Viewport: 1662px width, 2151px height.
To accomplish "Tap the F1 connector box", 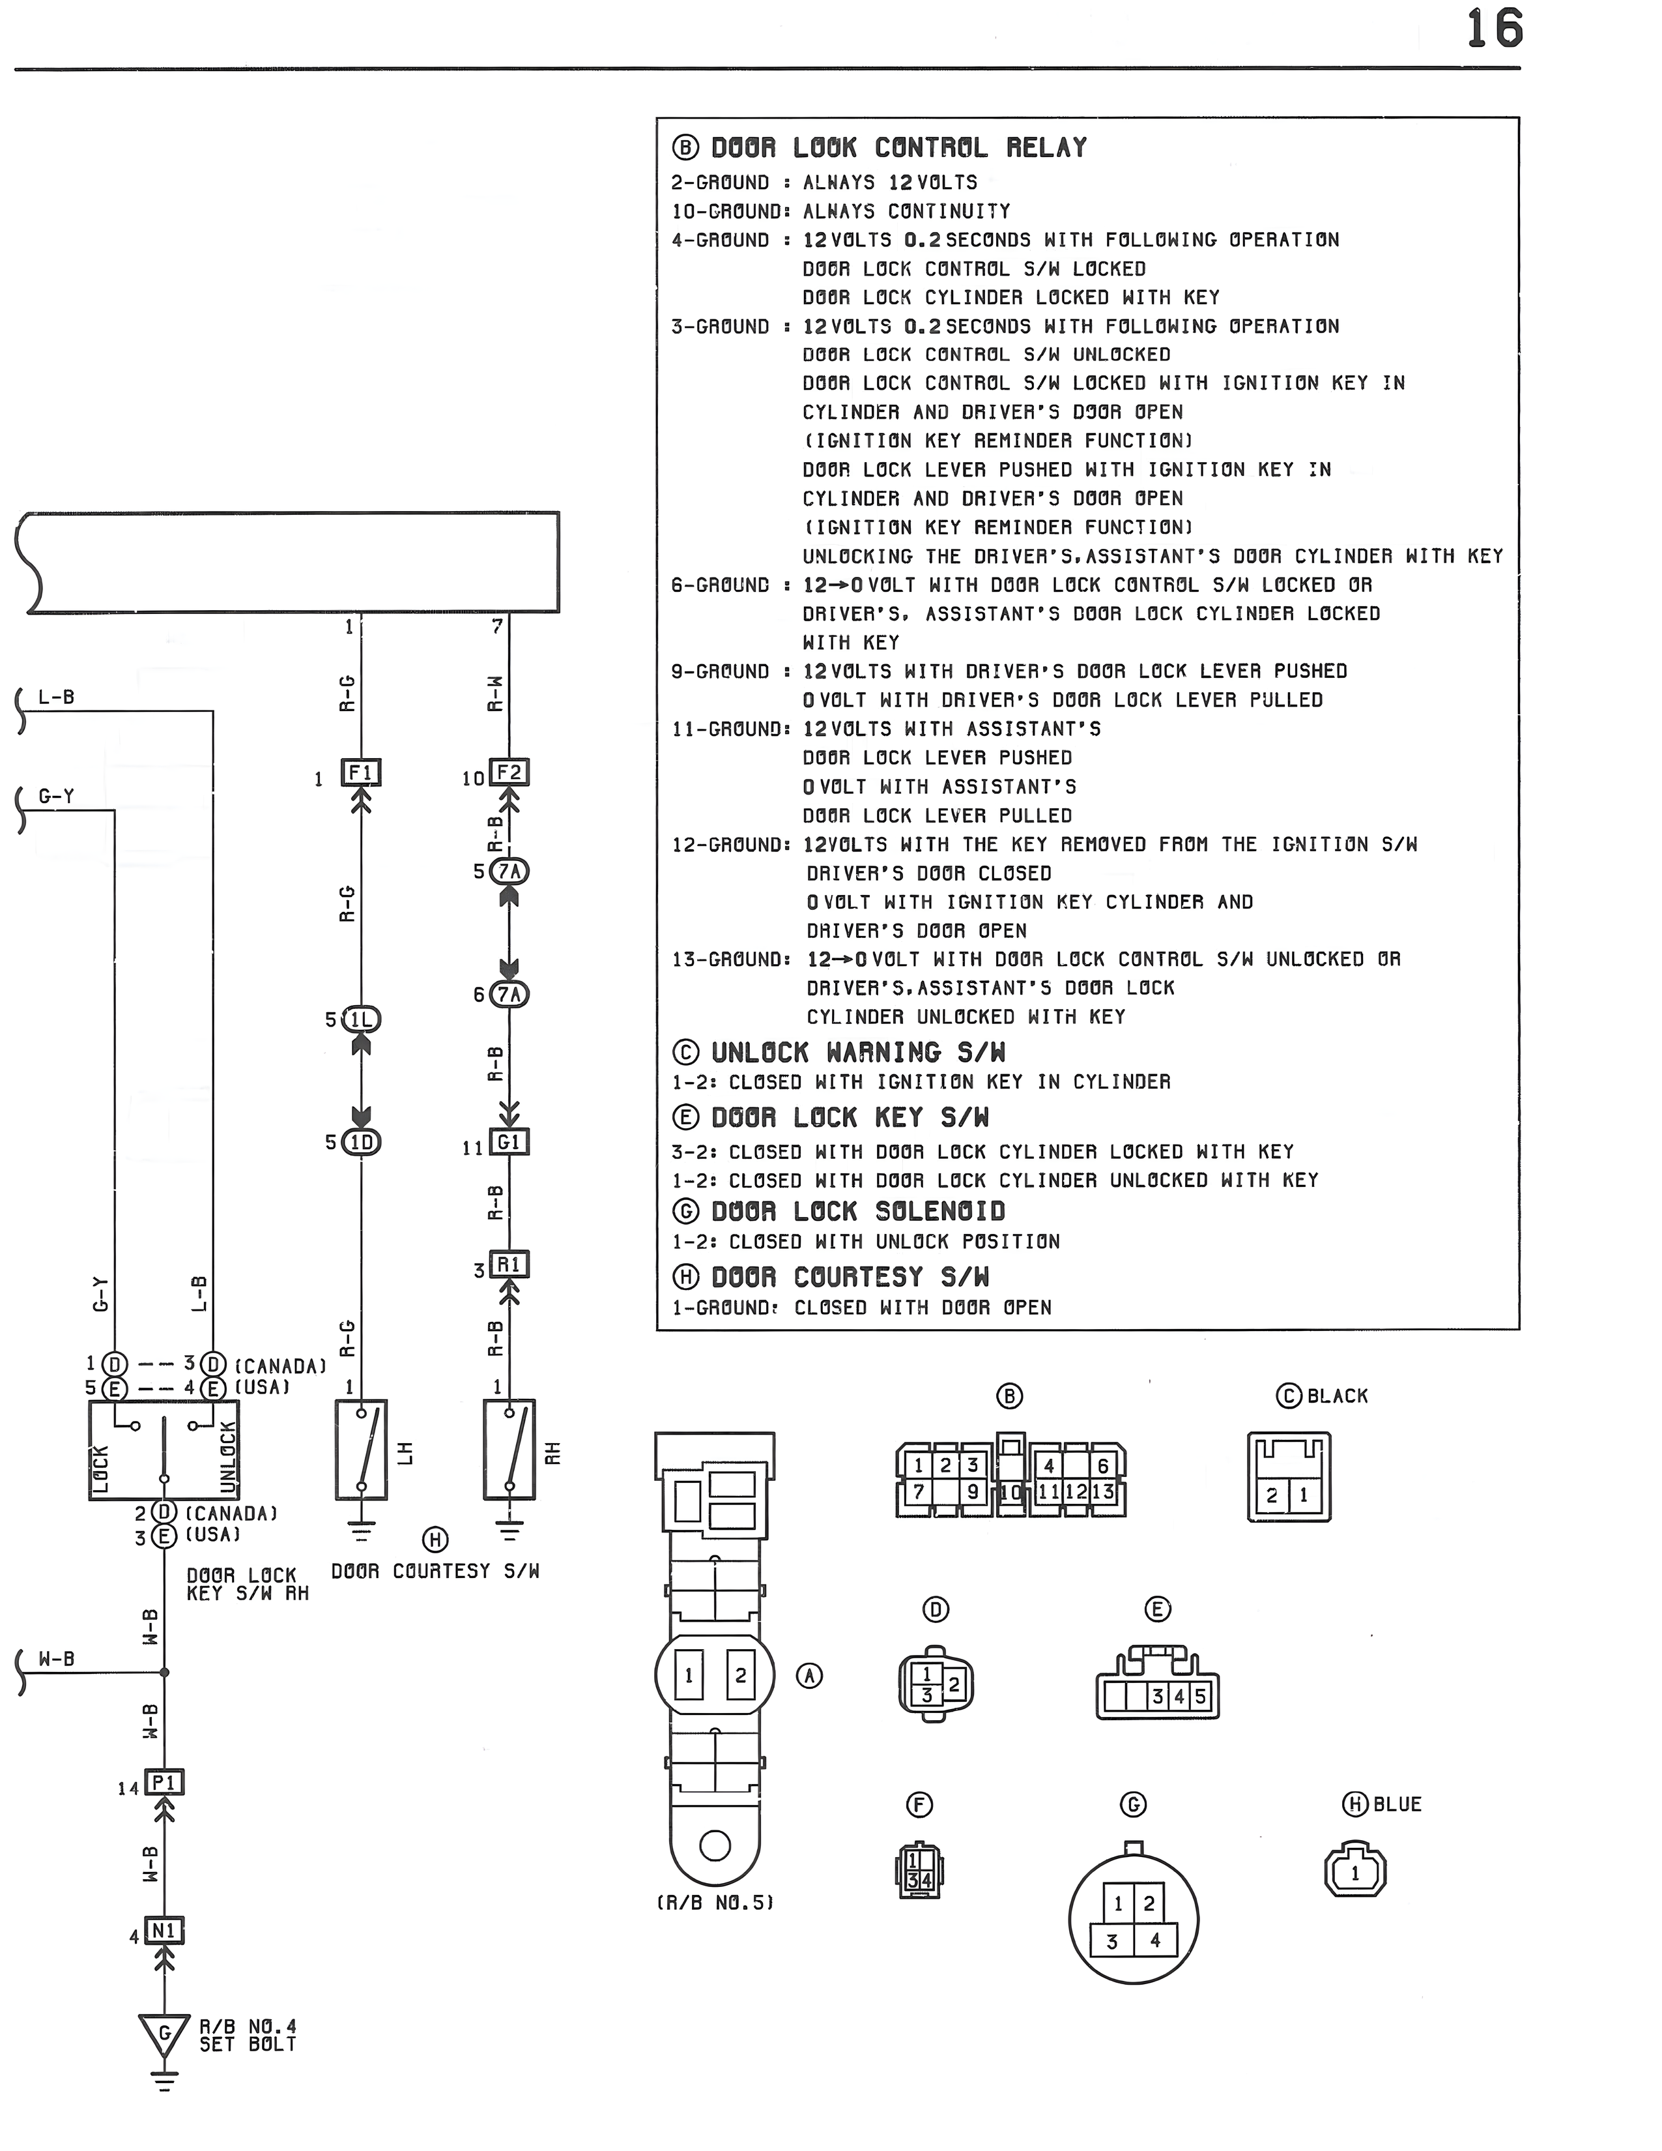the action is [362, 772].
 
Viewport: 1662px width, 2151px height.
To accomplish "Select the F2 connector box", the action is [509, 772].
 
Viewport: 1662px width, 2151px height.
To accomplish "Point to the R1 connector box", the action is [509, 1264].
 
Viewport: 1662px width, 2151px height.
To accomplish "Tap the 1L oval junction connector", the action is [362, 1019].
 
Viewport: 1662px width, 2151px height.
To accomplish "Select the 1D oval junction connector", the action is [362, 1143].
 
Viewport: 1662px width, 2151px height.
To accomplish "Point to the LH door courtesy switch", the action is [362, 1450].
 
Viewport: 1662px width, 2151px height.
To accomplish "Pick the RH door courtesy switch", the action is [509, 1450].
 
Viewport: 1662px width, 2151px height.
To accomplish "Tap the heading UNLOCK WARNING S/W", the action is [859, 1052].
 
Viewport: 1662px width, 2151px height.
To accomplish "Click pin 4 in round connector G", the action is [1155, 1940].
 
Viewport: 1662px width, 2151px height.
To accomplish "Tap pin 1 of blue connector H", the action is [1354, 1873].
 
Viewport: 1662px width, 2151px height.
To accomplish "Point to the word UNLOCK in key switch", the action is [227, 1457].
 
